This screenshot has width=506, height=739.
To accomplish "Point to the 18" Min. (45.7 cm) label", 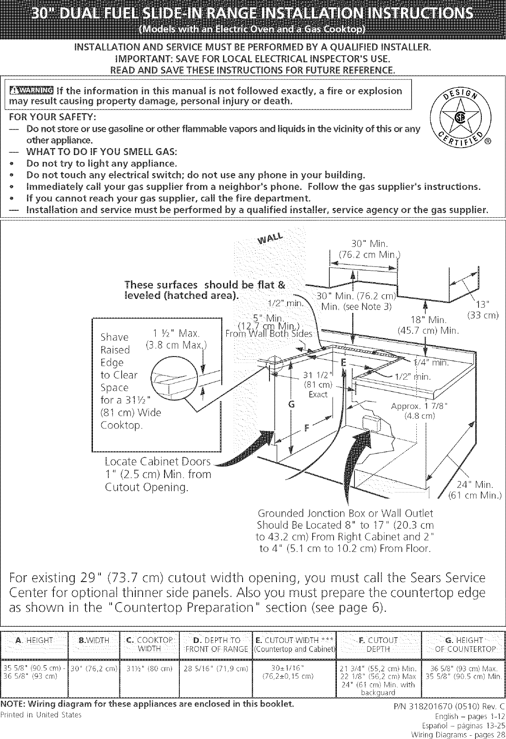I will pyautogui.click(x=428, y=325).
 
